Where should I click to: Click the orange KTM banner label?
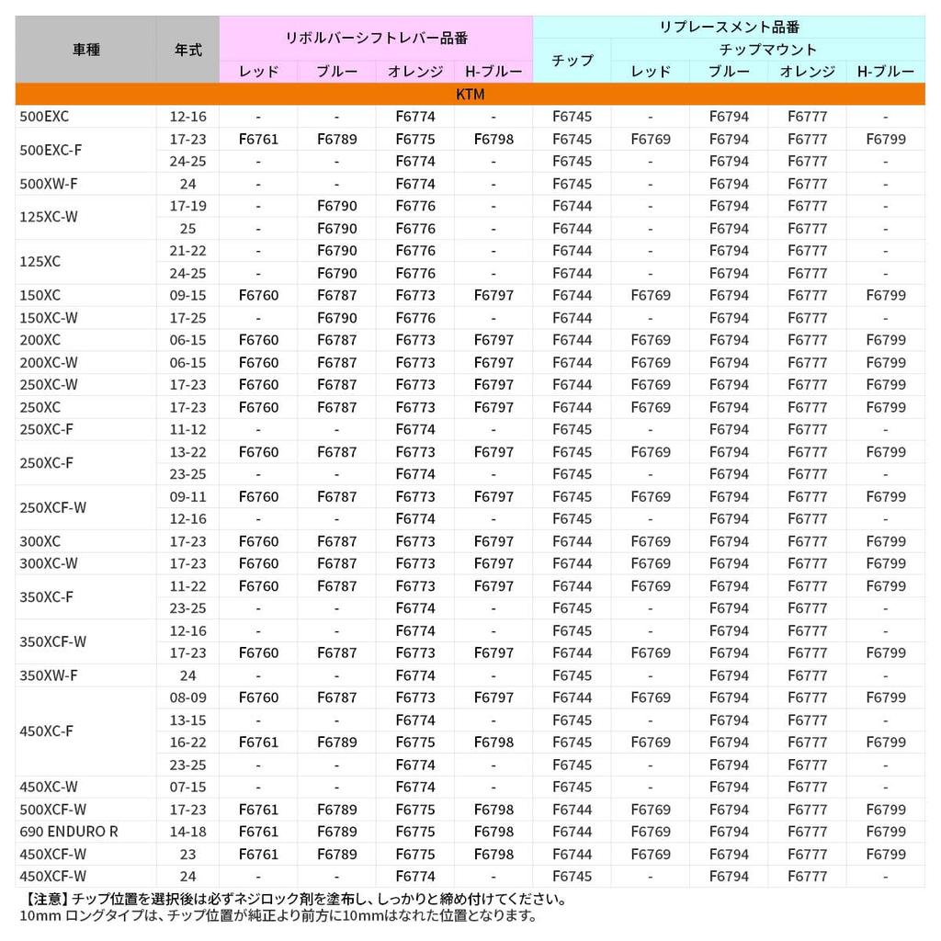(470, 95)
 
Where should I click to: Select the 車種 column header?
(85, 51)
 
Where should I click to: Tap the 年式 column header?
(187, 51)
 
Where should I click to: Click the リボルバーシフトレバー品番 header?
(376, 38)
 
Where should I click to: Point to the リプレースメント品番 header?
(729, 27)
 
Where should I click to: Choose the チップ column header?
(572, 61)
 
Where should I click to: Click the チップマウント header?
(767, 50)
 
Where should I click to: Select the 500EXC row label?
(44, 117)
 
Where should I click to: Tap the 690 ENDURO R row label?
(69, 832)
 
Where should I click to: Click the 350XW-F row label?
(49, 675)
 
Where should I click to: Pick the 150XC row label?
(40, 295)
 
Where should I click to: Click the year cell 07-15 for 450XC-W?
(187, 787)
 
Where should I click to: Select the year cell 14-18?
(187, 832)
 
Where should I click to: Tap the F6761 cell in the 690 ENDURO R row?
(258, 832)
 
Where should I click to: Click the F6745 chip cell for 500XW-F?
(572, 184)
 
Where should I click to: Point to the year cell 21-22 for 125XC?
(187, 251)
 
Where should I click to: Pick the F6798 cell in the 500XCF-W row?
(493, 810)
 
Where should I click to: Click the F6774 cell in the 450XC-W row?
(415, 787)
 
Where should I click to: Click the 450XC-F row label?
(46, 731)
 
